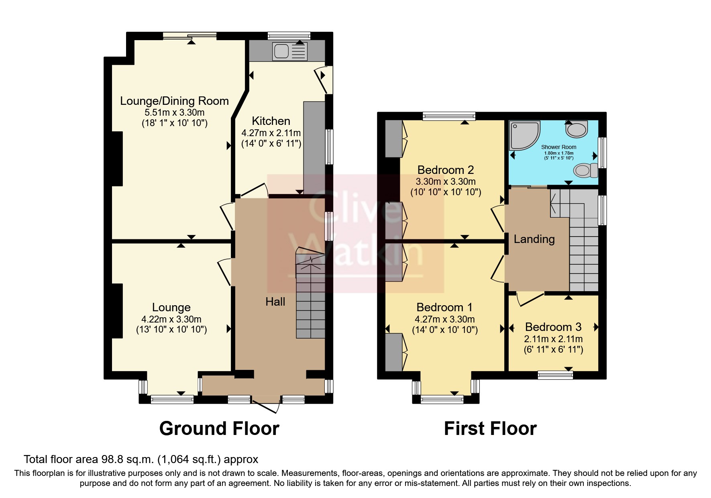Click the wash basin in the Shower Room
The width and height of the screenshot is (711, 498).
coord(577,129)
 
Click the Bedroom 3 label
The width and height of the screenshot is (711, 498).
coord(553,327)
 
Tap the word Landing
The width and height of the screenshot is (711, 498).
coord(534,239)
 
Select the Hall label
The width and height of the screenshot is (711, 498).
coord(275,302)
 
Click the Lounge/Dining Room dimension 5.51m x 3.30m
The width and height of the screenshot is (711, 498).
coord(175,112)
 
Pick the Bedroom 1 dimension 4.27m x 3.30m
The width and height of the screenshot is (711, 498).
coord(445,320)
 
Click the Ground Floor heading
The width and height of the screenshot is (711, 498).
coord(219,429)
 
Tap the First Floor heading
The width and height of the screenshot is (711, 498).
coord(490,429)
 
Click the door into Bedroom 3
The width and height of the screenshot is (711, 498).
coord(529,300)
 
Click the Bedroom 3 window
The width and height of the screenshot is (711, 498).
coord(555,375)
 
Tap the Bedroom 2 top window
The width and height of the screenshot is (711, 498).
coord(449,116)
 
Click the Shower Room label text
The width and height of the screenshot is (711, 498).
coord(558,147)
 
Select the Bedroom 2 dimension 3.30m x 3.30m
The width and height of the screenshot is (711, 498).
coord(445,182)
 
